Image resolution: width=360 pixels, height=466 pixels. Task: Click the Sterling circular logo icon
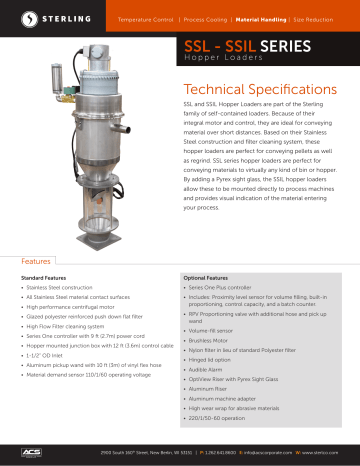coord(17,18)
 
